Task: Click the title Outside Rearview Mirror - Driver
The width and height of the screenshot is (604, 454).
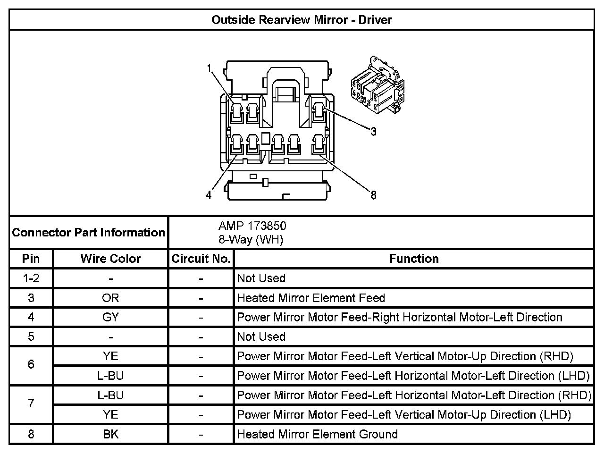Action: pyautogui.click(x=302, y=20)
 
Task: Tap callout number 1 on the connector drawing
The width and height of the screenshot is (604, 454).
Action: pyautogui.click(x=209, y=68)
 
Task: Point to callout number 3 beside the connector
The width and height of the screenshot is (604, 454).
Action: pyautogui.click(x=373, y=132)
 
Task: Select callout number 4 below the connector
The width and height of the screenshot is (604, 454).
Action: pyautogui.click(x=209, y=194)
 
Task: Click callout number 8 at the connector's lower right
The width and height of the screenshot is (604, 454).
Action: pyautogui.click(x=373, y=194)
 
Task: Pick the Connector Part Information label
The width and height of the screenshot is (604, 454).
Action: pyautogui.click(x=88, y=232)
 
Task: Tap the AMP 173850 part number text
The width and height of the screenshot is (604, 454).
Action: pyautogui.click(x=252, y=226)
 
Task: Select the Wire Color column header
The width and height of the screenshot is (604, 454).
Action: pyautogui.click(x=110, y=259)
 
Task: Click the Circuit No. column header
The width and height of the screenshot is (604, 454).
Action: pyautogui.click(x=201, y=259)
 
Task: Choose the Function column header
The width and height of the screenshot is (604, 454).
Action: pyautogui.click(x=414, y=259)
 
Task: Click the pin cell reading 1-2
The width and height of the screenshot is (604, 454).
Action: pyautogui.click(x=31, y=278)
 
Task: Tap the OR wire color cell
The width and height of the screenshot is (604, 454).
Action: pyautogui.click(x=110, y=298)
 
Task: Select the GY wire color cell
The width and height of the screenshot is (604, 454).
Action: pyautogui.click(x=110, y=317)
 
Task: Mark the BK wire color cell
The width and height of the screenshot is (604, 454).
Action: pyautogui.click(x=110, y=434)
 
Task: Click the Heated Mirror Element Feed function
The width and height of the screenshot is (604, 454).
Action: pyautogui.click(x=311, y=298)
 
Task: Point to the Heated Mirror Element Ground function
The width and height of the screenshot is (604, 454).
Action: pyautogui.click(x=317, y=434)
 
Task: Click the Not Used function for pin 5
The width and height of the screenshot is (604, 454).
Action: pyautogui.click(x=261, y=336)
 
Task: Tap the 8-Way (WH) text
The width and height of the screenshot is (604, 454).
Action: pyautogui.click(x=251, y=240)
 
